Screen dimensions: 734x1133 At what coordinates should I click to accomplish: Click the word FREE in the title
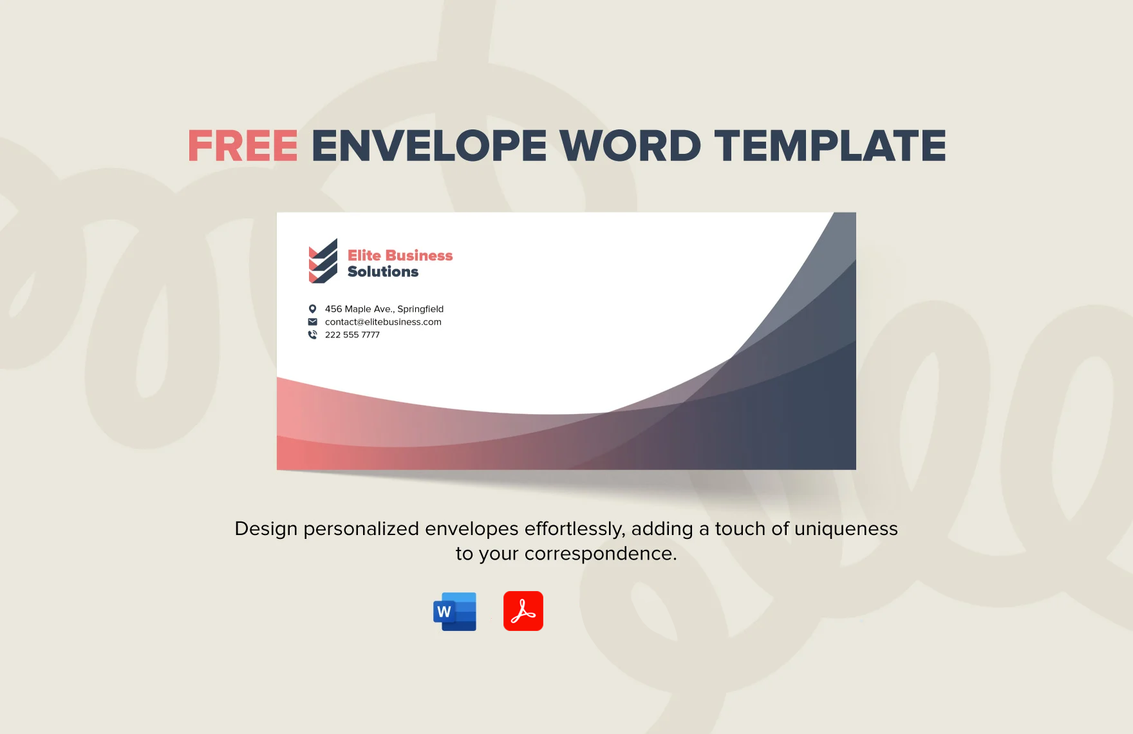coord(243,146)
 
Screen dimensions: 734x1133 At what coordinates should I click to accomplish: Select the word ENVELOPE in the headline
coord(429,146)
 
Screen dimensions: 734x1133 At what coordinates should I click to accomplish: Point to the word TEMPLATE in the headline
coord(830,146)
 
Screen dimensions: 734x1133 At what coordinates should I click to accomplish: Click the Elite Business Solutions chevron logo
coord(323,261)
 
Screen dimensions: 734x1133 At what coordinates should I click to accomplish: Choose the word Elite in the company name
coord(363,256)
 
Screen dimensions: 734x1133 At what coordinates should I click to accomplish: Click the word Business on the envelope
coord(418,256)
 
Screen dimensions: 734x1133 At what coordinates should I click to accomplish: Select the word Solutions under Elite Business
coord(383,272)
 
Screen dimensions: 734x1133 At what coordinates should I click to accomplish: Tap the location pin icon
coord(312,309)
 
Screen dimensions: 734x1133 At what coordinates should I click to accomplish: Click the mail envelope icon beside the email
coord(312,322)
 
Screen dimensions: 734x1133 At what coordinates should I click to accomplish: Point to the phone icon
coord(312,335)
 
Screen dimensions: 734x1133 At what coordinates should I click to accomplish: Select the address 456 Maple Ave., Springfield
coord(384,309)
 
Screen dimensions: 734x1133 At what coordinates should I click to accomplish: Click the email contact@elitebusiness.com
coord(383,322)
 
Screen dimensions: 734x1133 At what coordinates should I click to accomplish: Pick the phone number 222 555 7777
coord(352,335)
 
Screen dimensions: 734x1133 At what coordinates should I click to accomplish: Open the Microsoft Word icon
coord(455,611)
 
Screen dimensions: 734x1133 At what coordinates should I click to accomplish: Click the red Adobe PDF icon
coord(523,611)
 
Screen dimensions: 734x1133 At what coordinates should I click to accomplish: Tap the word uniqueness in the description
coord(846,529)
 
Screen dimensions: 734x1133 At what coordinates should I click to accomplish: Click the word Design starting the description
coord(266,529)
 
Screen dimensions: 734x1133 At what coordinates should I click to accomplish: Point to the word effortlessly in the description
coord(574,529)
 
